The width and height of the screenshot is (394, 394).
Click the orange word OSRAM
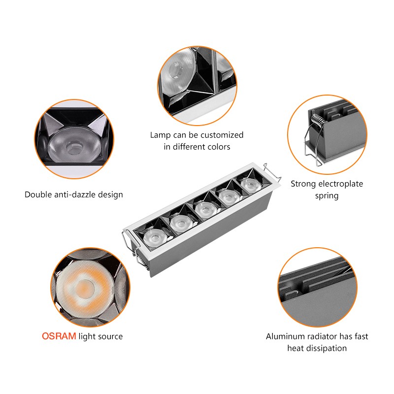pyautogui.click(x=59, y=336)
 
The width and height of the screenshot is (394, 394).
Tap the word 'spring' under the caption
pyautogui.click(x=327, y=196)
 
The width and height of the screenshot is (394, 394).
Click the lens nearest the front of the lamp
pyautogui.click(x=154, y=238)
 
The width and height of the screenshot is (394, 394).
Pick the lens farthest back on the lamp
pyautogui.click(x=250, y=186)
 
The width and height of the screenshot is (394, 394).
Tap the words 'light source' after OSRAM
pyautogui.click(x=100, y=336)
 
